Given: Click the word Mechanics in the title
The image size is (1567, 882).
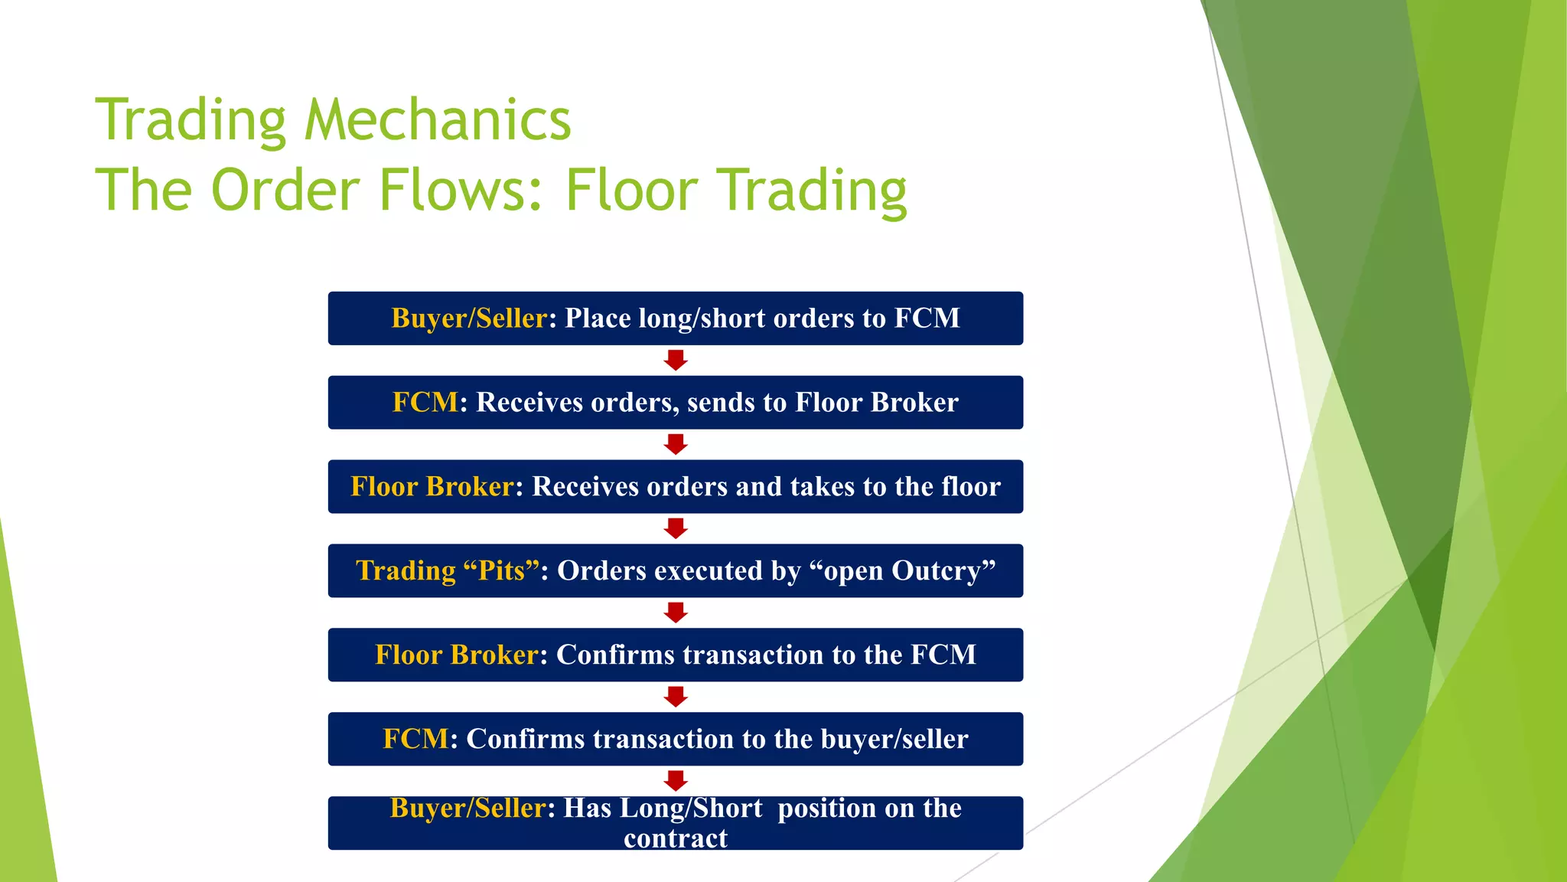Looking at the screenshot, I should (438, 120).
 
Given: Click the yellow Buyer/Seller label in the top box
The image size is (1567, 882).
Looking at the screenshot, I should (469, 318).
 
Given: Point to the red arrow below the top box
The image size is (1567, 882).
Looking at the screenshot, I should (676, 361).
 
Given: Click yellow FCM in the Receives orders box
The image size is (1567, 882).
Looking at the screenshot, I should (425, 402).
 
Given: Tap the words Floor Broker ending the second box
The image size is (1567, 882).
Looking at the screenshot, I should (876, 402).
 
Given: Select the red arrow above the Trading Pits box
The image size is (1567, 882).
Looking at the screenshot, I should (676, 529).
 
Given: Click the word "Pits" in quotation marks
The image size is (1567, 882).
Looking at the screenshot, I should (501, 570).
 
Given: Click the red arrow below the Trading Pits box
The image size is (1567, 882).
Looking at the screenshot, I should (676, 612).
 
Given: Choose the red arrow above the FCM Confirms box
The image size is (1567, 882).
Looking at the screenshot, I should (676, 697).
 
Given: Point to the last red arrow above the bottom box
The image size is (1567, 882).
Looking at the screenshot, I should (676, 781).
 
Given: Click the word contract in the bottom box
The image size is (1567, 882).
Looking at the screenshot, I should (676, 838).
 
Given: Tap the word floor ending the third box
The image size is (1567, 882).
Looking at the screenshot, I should (970, 486).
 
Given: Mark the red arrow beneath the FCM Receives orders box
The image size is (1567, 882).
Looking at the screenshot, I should (676, 445).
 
